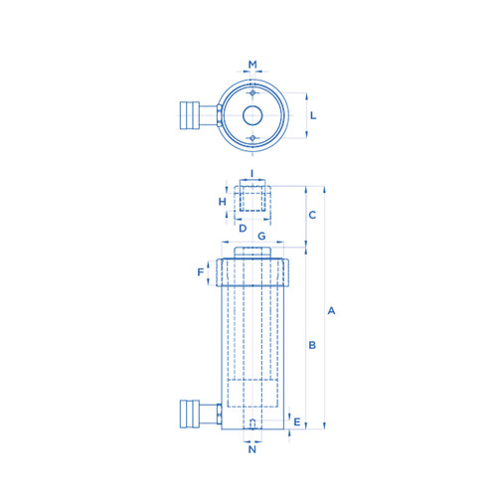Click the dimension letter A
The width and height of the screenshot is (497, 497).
pyautogui.click(x=331, y=311)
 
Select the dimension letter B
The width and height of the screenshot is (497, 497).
pyautogui.click(x=312, y=345)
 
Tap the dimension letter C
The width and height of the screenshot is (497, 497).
pyautogui.click(x=312, y=215)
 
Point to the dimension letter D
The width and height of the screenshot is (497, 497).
pyautogui.click(x=243, y=229)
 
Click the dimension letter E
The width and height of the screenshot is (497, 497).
pyautogui.click(x=297, y=421)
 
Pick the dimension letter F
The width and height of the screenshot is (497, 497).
pyautogui.click(x=201, y=272)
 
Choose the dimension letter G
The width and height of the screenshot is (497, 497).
pyautogui.click(x=261, y=237)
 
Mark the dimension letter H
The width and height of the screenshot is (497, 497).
pyautogui.click(x=223, y=202)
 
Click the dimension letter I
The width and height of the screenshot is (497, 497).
pyautogui.click(x=251, y=173)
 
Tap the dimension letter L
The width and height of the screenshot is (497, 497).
pyautogui.click(x=313, y=115)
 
